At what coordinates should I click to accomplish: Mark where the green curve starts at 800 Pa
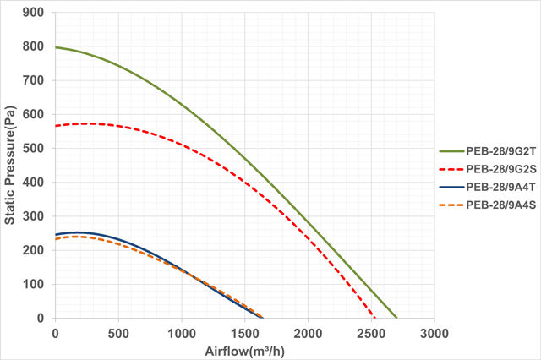point(56,47)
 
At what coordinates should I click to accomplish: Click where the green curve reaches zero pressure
point(396,318)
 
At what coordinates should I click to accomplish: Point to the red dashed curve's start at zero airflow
point(56,126)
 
